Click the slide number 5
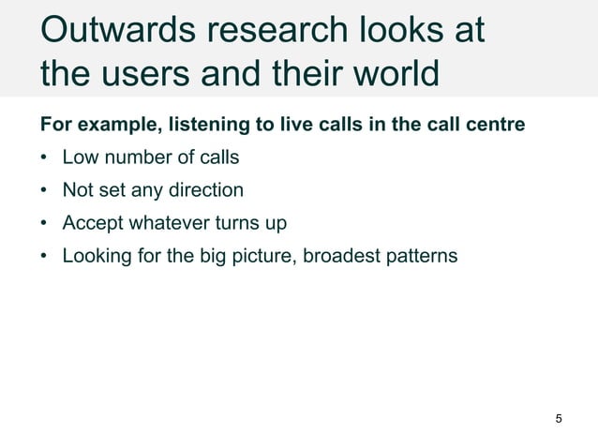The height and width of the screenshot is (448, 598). pos(560,418)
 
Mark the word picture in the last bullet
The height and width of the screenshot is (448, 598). pos(264,256)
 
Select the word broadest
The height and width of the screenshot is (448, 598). pos(350,256)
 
